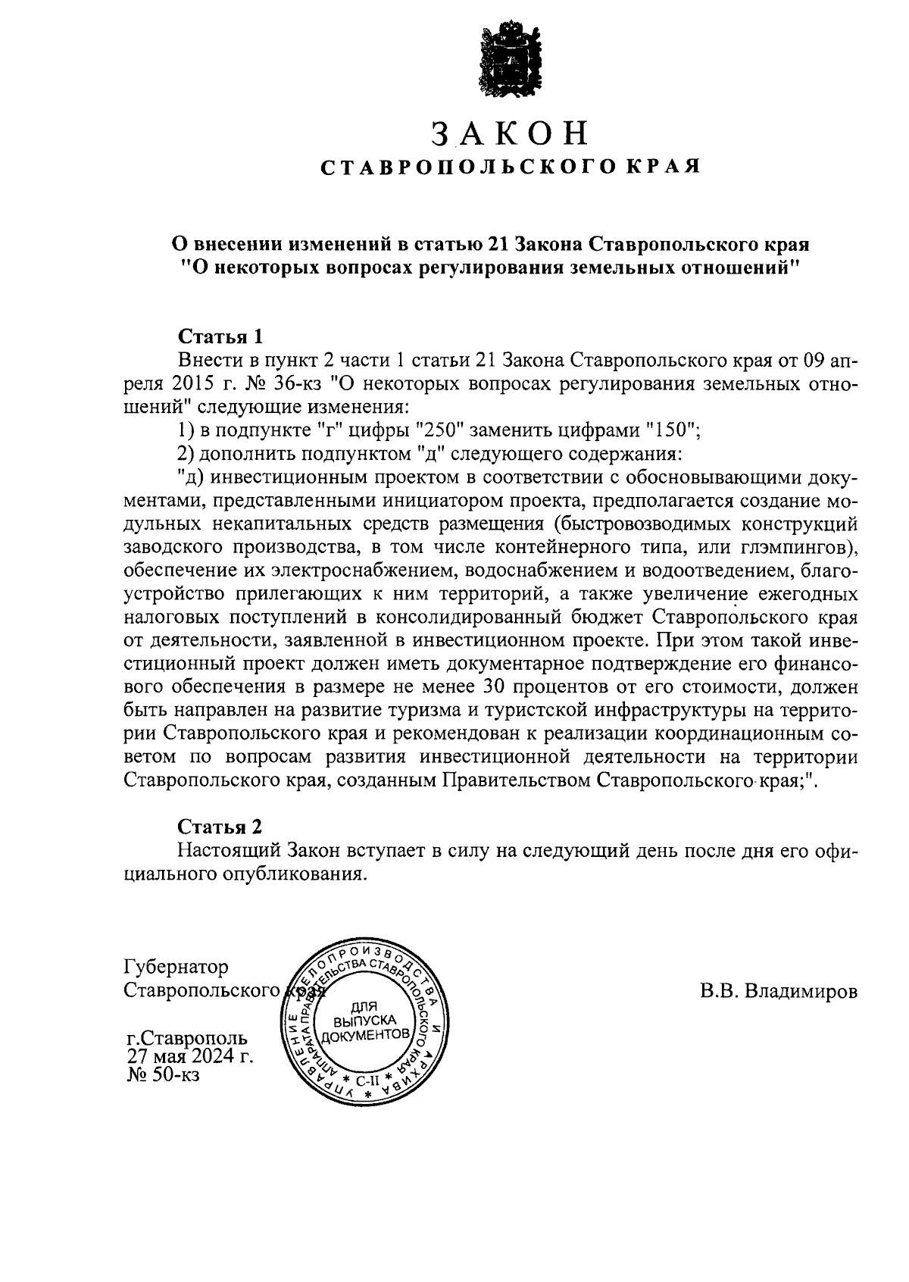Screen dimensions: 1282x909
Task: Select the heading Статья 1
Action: pos(221,336)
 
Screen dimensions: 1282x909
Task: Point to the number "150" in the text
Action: pos(671,430)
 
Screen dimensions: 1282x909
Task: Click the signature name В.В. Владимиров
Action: pos(779,992)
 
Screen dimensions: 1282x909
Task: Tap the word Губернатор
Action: pos(175,968)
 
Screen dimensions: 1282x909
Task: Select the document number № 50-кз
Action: pos(163,1074)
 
